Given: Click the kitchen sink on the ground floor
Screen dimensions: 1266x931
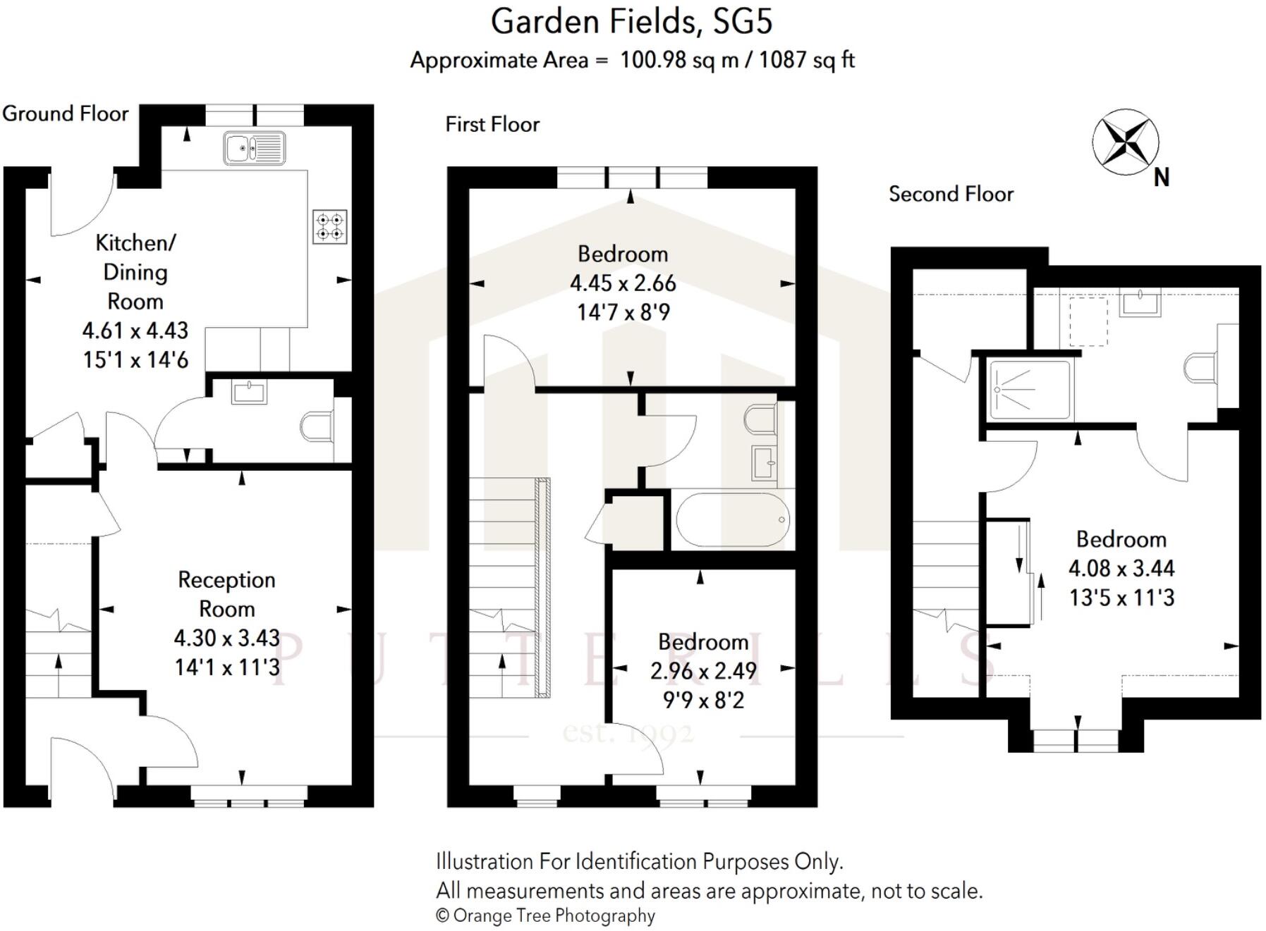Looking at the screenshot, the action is (x=255, y=148).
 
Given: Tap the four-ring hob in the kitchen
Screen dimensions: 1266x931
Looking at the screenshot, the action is (x=329, y=227).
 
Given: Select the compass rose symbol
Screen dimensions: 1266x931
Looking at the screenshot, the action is (x=1125, y=142).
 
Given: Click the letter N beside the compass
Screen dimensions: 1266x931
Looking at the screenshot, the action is (x=1162, y=178).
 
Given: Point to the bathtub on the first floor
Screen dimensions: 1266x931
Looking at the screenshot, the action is (x=732, y=520).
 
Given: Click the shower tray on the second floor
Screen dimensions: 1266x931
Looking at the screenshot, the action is (x=1030, y=390).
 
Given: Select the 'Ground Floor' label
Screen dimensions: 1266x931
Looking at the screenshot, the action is (x=66, y=113).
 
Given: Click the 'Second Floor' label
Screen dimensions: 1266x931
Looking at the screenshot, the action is (x=951, y=194).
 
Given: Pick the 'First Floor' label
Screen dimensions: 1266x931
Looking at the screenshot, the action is (x=492, y=125).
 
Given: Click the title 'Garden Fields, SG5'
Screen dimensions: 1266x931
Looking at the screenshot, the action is (x=631, y=22).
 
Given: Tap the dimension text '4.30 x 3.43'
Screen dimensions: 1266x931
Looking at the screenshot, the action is (x=226, y=638).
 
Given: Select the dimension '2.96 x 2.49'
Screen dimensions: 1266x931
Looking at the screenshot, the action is (x=703, y=671).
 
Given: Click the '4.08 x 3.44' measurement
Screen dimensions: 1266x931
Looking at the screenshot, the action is (x=1121, y=568).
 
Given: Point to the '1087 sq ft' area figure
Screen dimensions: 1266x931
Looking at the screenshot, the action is (x=807, y=60).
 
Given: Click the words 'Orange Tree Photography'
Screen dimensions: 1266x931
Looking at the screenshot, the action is (x=554, y=915).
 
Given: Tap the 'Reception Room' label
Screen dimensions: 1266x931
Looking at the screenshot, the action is (x=226, y=594).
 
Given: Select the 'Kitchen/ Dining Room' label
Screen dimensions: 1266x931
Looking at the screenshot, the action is (x=135, y=272).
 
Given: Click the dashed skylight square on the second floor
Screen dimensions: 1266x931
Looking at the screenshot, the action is (x=1088, y=321).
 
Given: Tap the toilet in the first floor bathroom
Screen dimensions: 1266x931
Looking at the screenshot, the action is (x=760, y=419).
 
